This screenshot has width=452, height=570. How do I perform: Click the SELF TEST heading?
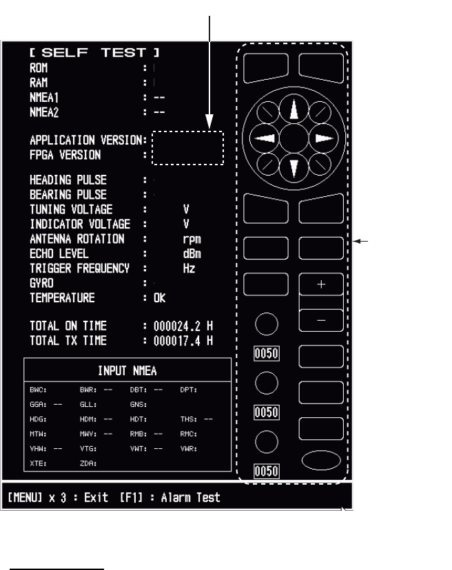pos(94,53)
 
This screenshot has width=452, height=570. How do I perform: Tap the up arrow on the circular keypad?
pos(294,110)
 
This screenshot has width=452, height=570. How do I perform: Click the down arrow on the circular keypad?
pos(294,167)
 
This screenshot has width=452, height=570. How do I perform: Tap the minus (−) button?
pos(321,320)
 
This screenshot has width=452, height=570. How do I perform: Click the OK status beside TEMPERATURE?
pos(159,298)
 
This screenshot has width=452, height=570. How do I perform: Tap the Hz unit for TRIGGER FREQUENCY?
pos(188,268)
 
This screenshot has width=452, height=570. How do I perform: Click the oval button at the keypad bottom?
pos(321,460)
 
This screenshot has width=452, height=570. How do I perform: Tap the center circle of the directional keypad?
pos(294,138)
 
